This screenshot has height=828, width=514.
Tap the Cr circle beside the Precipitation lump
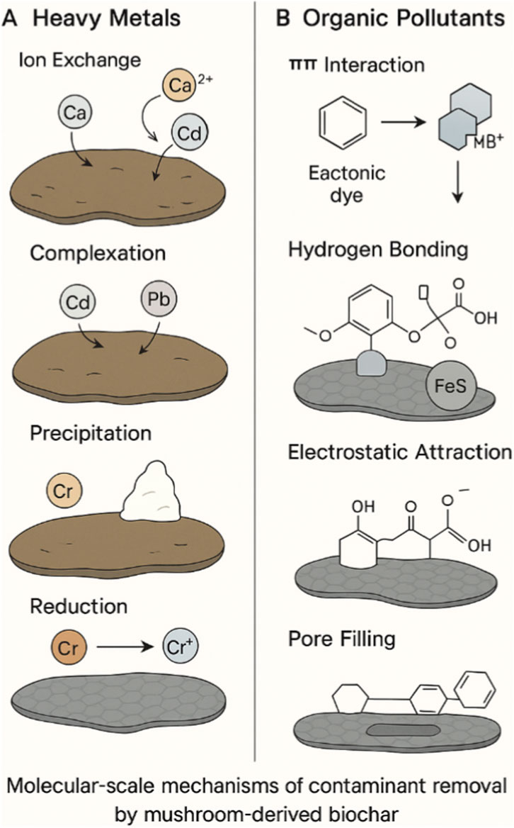click(x=62, y=490)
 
